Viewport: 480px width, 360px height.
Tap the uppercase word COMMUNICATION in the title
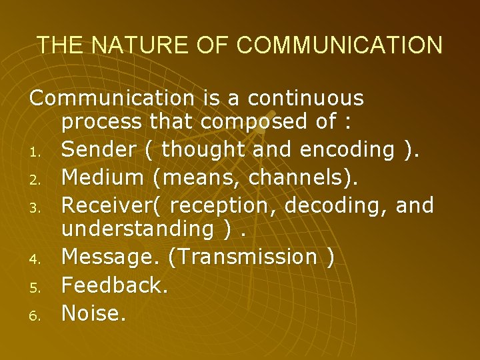339,45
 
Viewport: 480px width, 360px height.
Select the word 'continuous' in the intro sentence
306,99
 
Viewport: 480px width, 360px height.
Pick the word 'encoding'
347,150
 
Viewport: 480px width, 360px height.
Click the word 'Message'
111,257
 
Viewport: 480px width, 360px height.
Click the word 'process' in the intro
101,123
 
